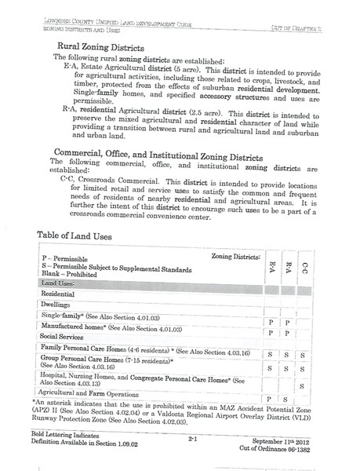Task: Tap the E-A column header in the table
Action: [x=271, y=261]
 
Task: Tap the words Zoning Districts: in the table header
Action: [x=235, y=257]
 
